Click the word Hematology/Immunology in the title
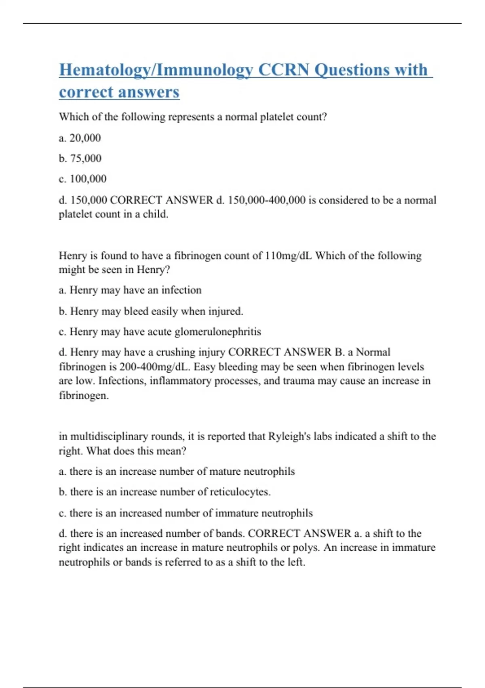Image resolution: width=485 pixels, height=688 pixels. point(156,70)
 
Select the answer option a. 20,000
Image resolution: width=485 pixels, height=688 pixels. point(80,138)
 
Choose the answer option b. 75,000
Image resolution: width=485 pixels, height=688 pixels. point(80,158)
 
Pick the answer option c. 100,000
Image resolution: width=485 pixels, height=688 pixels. point(82,179)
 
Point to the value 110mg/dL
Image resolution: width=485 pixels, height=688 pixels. point(288,256)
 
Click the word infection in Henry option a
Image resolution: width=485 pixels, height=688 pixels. point(181,290)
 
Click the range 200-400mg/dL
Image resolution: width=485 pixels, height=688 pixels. point(155,367)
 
